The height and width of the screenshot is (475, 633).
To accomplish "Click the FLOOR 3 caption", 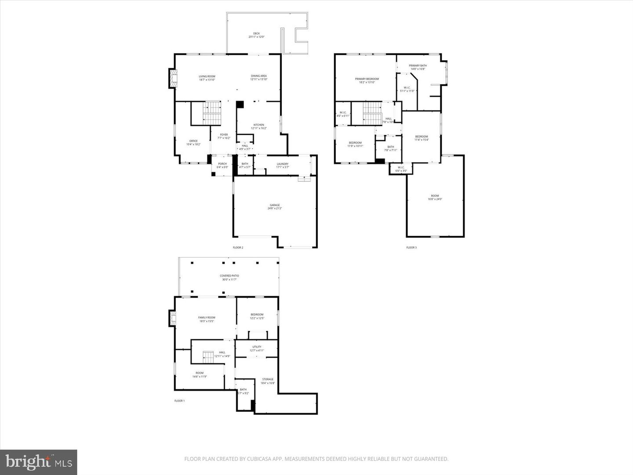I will [x=411, y=248].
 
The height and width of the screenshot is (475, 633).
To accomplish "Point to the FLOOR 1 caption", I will [x=179, y=401].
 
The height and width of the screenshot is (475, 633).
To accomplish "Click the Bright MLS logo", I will [x=39, y=462].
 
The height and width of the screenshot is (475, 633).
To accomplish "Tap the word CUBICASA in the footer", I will [x=252, y=459].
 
